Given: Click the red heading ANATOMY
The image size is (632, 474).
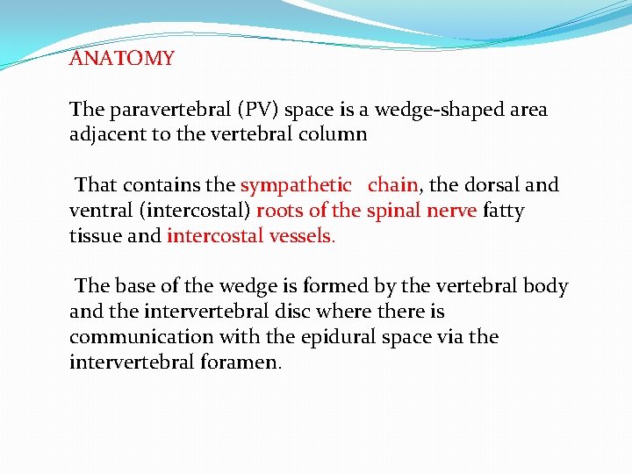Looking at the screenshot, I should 122,59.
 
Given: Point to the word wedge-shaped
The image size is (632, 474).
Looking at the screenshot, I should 435,111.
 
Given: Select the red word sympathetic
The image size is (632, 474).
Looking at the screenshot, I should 296,186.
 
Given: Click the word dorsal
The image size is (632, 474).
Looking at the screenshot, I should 492,185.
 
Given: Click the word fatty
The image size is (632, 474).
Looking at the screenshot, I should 503,211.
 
